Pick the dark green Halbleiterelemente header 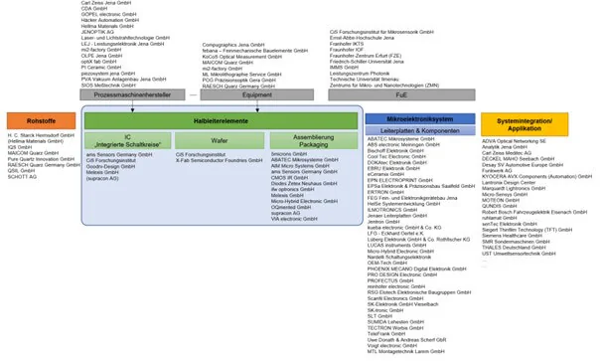pyautogui.click(x=220, y=118)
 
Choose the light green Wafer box pyautogui.click(x=219, y=141)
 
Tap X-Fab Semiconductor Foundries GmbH pyautogui.click(x=220, y=160)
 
